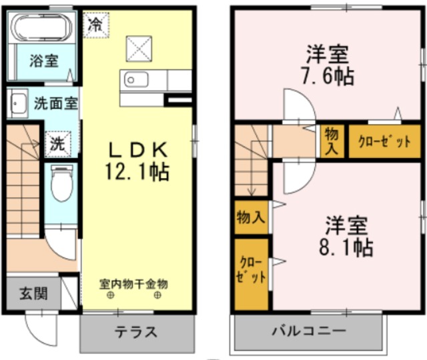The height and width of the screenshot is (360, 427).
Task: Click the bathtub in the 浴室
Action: click(x=42, y=27)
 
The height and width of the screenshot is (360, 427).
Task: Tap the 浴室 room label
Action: click(x=44, y=61)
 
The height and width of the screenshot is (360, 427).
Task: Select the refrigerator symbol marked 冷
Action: click(x=96, y=25)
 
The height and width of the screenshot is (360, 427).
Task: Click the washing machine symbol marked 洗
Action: click(x=58, y=144)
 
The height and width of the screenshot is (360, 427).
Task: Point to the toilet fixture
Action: click(x=62, y=183)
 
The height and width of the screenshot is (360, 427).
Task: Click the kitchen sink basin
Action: click(x=136, y=80)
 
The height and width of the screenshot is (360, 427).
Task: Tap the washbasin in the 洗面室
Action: click(x=17, y=103)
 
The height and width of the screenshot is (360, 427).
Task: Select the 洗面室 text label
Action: click(x=56, y=103)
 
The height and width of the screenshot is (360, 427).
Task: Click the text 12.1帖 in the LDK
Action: click(x=137, y=172)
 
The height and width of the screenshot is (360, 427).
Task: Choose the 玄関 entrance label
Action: click(x=33, y=294)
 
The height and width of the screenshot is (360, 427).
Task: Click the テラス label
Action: click(x=136, y=332)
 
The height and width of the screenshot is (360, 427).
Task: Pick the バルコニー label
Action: click(x=309, y=331)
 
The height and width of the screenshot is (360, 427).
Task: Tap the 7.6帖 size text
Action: click(x=328, y=76)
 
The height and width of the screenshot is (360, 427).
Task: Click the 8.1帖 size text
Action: click(x=346, y=247)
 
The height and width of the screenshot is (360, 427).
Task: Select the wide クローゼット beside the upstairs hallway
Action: click(x=385, y=141)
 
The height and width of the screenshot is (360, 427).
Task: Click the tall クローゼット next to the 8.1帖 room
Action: click(x=252, y=274)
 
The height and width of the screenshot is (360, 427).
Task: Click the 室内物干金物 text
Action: click(x=133, y=285)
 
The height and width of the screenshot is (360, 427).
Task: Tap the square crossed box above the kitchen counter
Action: click(x=139, y=49)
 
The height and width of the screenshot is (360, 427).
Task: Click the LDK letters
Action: click(x=138, y=150)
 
